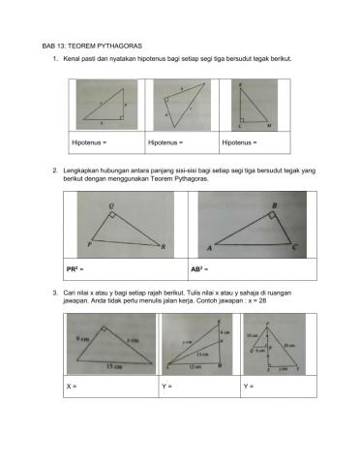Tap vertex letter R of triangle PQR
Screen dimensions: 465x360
tap(165, 248)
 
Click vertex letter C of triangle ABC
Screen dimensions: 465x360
tap(295, 247)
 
